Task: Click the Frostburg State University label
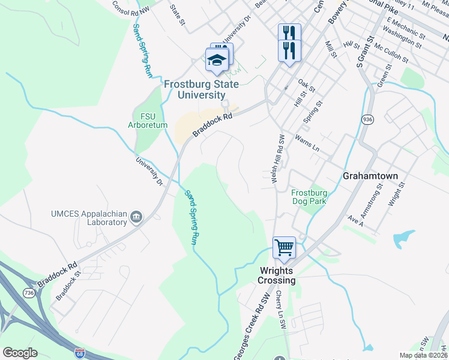[x=194, y=89]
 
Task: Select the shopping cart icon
[x=284, y=247]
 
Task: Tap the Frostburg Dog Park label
[x=309, y=197]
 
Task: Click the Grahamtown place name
[x=370, y=176]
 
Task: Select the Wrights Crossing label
[x=277, y=275]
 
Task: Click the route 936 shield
[x=367, y=120]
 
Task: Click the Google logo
[x=20, y=353]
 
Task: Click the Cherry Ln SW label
[x=280, y=310]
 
